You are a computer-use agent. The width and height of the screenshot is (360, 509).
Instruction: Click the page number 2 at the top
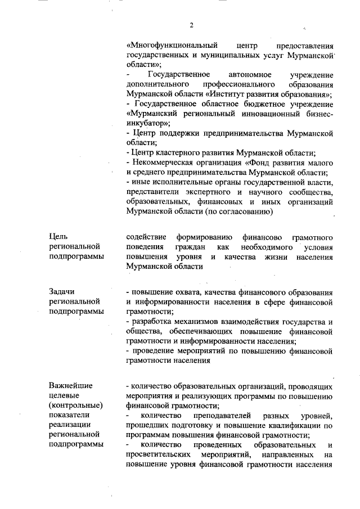pyautogui.click(x=191, y=25)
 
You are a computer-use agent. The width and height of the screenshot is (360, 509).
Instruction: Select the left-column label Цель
pyautogui.click(x=58, y=237)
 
